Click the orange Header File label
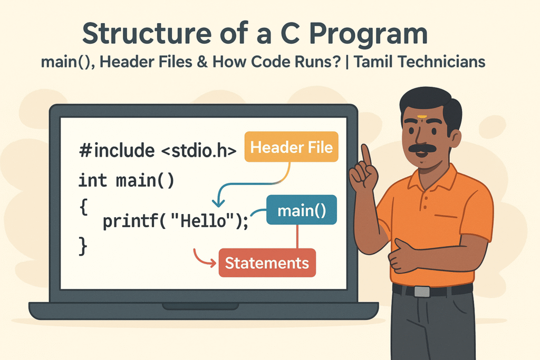(291, 147)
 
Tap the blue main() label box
(302, 210)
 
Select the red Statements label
(267, 263)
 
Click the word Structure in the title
(147, 33)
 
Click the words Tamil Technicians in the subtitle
(420, 62)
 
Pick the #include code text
(117, 150)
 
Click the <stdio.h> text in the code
(199, 151)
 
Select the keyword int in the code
(93, 180)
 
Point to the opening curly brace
(84, 207)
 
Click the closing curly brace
(83, 247)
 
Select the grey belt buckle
(422, 291)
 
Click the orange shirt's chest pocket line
(446, 216)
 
